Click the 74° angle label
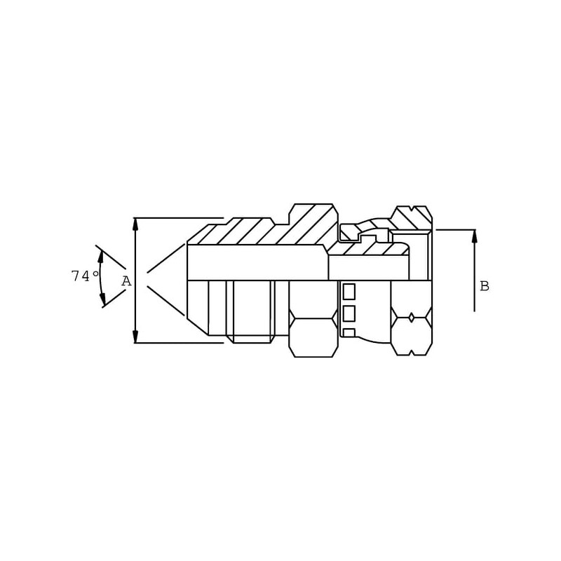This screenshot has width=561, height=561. [85, 276]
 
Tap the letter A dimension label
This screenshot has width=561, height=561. [126, 281]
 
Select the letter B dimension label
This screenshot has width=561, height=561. [485, 286]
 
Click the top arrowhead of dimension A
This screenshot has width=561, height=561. [135, 224]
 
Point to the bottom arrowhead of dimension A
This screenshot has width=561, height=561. [135, 337]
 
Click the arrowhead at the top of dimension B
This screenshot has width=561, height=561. [475, 236]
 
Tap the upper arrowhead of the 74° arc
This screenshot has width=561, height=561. [101, 257]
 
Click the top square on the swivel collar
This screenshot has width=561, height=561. [349, 291]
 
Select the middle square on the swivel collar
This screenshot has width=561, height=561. [349, 313]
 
